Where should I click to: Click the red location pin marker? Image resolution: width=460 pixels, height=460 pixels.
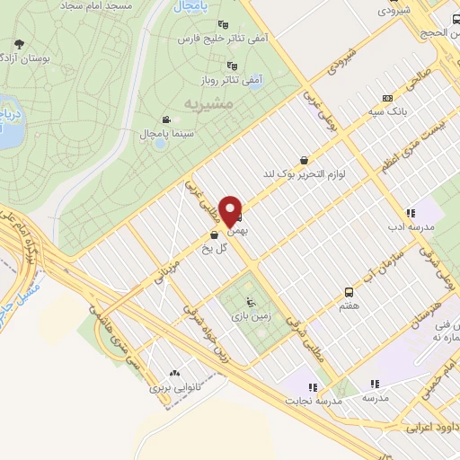tap(232, 211)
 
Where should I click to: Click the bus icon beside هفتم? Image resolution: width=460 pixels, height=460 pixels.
tap(348, 291)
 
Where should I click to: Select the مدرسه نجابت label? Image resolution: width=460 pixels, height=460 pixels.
tap(312, 402)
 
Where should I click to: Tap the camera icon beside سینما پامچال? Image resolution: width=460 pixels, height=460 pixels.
tap(166, 119)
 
